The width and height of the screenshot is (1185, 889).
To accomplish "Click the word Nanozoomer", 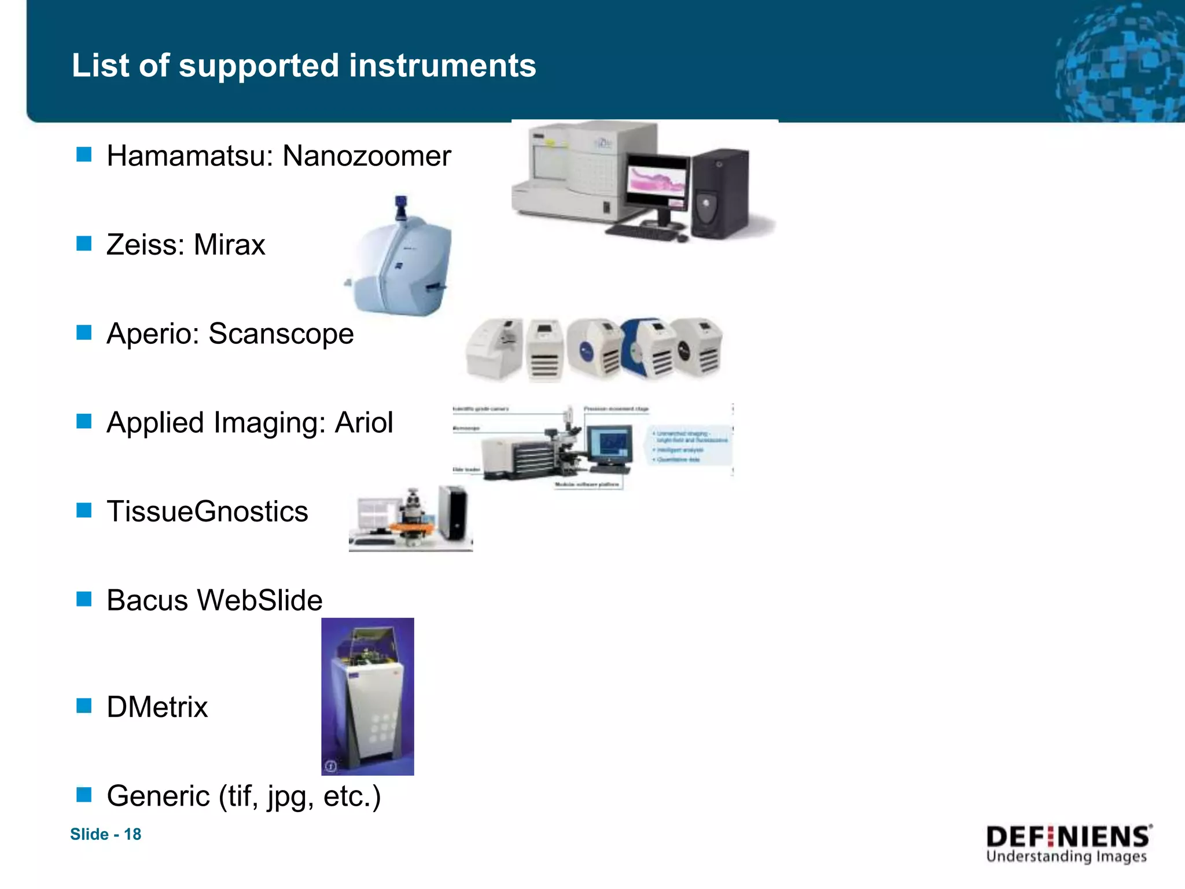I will tap(366, 156).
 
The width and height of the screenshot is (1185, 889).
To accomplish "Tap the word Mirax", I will tap(229, 245).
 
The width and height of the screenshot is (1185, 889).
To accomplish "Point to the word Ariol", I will tap(364, 423).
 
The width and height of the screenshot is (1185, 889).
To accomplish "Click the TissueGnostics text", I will tap(207, 512).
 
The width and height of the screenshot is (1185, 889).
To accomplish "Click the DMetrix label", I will tap(157, 707).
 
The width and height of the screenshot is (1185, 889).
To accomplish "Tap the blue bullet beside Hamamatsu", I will tap(84, 155).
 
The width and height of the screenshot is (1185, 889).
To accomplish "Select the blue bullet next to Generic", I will tap(84, 795).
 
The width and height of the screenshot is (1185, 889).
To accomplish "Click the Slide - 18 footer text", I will tap(105, 834).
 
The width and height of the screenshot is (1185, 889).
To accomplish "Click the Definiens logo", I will tap(1068, 844).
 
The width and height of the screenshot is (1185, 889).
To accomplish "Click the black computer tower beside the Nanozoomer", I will tap(720, 194).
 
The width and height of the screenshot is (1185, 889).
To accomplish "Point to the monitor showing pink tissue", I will tap(658, 183).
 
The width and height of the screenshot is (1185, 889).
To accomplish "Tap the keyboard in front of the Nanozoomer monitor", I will tap(642, 233).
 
